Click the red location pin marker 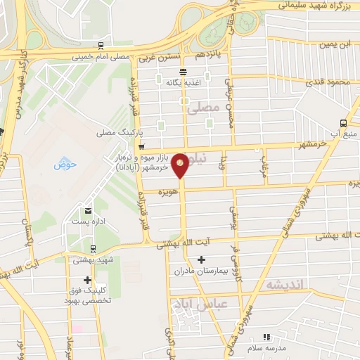pos(181,165)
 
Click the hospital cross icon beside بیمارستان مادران pos(200,259)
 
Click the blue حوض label pos(65,165)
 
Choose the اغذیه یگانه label pos(184,82)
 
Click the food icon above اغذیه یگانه pos(184,72)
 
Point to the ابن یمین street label pos(335,44)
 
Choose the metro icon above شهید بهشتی pos(94,248)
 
